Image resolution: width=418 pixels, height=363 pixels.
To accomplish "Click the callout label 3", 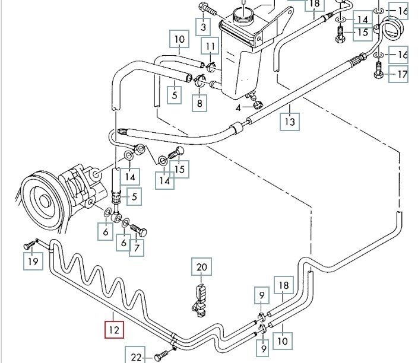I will click(x=202, y=27).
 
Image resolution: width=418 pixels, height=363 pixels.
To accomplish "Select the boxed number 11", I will click(x=210, y=46).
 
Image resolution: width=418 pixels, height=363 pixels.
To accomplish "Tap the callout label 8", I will click(x=199, y=103).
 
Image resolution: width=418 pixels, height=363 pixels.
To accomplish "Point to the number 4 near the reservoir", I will click(x=238, y=108).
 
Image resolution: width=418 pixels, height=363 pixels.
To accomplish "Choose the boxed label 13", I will click(x=290, y=122).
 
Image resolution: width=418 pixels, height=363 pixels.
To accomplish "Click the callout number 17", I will click(x=403, y=75).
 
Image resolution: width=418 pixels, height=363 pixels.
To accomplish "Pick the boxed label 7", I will click(x=137, y=247).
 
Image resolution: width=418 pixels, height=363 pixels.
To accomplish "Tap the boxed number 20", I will click(x=202, y=268).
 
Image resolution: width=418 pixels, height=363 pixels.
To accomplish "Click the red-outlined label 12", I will click(x=113, y=328).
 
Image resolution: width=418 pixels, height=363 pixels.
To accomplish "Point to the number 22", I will click(x=136, y=357).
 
